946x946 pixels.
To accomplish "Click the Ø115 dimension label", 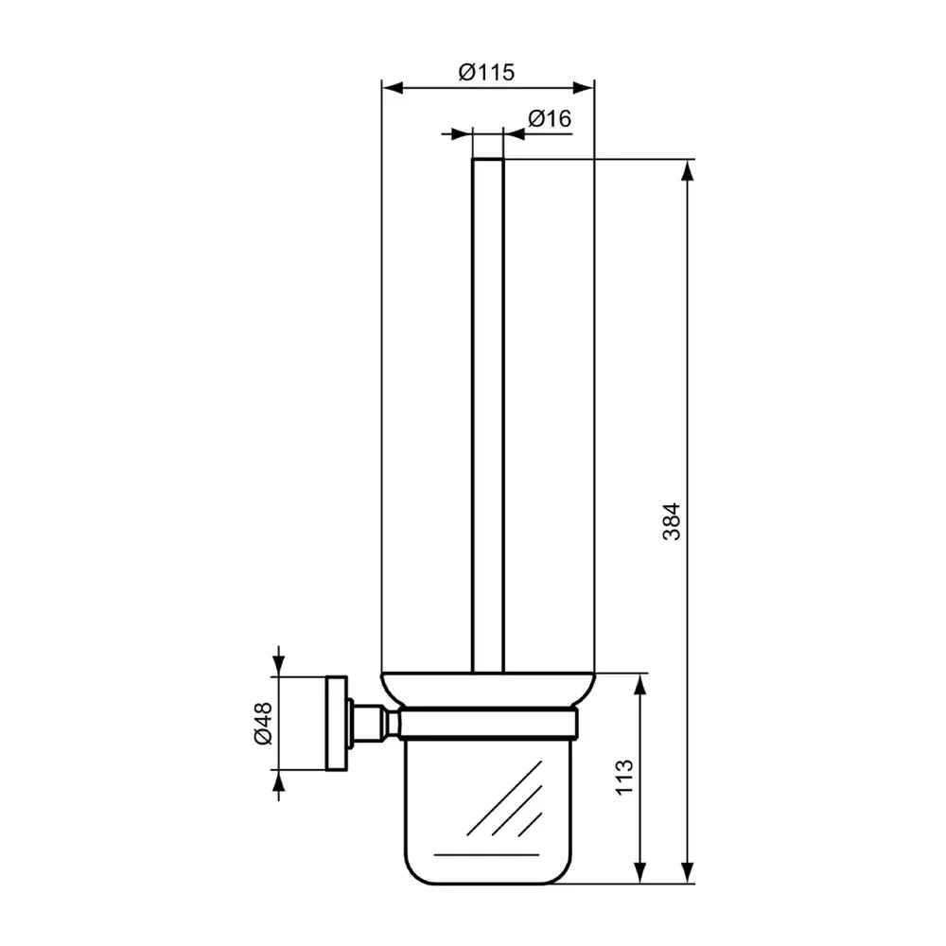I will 487,72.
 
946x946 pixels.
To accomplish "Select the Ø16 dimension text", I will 549,119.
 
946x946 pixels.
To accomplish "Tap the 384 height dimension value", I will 671,520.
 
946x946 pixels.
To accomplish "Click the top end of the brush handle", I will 487,161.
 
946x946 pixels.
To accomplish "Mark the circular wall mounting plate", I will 336,724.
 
